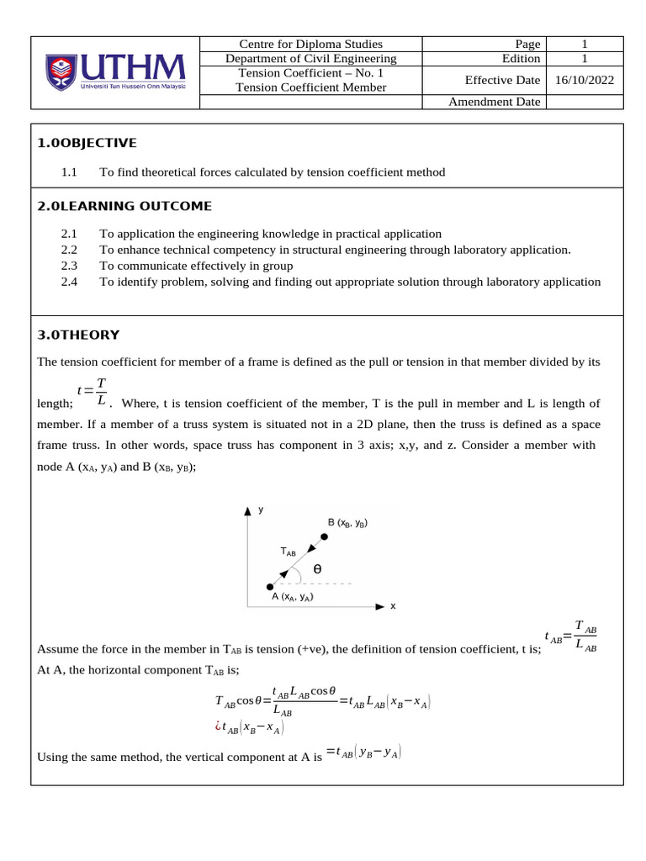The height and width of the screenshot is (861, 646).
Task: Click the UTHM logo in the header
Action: point(114,72)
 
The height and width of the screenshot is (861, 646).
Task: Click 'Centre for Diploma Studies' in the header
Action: point(310,44)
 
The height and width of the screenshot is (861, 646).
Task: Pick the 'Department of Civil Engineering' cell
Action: point(310,58)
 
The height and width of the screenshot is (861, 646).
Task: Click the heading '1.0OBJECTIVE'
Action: point(87,143)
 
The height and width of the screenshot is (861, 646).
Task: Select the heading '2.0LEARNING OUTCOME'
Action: point(124,206)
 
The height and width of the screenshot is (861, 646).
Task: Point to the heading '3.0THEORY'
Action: point(78,335)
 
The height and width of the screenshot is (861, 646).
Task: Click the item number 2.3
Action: point(69,266)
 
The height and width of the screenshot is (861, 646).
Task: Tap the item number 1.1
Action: point(69,172)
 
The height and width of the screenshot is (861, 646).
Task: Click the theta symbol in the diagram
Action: point(317,569)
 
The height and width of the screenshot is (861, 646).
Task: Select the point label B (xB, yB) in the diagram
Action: point(347,523)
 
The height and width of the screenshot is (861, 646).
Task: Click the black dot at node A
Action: point(269,586)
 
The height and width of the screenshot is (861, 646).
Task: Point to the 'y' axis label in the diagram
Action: point(262,510)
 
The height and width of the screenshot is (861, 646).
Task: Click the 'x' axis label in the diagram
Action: point(393,605)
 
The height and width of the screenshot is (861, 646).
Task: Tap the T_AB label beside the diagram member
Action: point(288,552)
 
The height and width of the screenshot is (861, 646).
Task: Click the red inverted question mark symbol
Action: point(220,726)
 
